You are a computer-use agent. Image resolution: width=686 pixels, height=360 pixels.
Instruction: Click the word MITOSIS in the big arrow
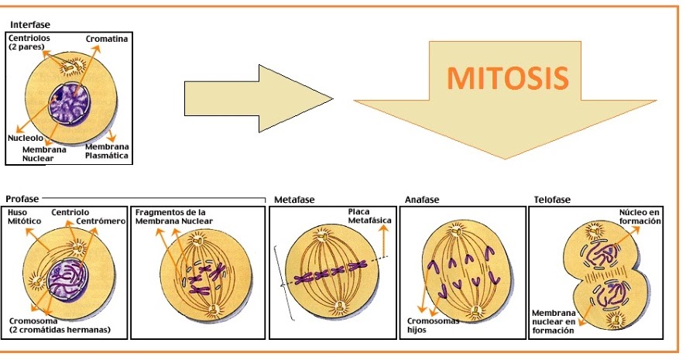pos(508,77)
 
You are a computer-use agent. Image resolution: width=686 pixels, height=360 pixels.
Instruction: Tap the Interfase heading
pos(30,25)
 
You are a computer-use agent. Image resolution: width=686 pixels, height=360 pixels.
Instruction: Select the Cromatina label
pos(108,38)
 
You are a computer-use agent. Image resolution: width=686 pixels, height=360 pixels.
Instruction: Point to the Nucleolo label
pos(26,138)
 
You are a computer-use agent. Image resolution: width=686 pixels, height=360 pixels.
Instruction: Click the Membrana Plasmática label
pos(107,151)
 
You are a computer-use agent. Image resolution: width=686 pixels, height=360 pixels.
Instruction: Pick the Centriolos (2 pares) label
pos(29,43)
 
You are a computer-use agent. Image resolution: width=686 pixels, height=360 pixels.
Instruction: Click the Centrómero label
pos(100,221)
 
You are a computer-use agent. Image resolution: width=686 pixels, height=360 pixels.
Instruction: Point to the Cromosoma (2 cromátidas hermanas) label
pos(59,325)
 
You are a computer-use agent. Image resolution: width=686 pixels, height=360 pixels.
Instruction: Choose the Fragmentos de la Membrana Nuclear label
pos(170,217)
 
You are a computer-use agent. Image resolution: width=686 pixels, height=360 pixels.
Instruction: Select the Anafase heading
pos(422,200)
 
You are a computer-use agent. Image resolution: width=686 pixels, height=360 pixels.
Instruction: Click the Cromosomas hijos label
pos(433,325)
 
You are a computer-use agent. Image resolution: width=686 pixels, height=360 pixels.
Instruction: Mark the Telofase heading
pos(552,200)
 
